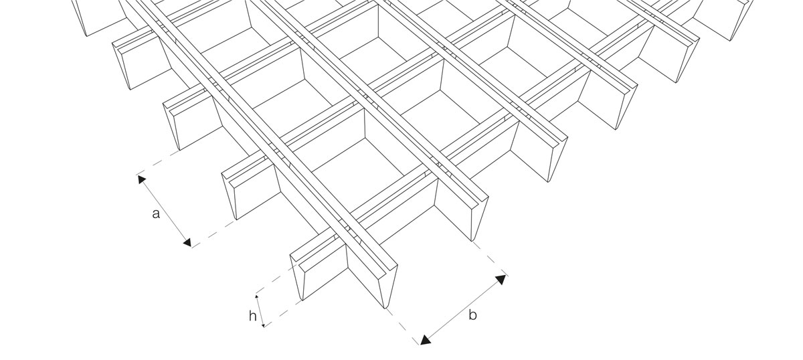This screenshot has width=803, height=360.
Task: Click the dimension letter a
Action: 155,214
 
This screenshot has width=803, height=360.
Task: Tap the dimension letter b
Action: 473,315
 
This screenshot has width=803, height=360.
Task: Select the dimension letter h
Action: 253,316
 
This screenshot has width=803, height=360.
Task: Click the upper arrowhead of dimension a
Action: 142,179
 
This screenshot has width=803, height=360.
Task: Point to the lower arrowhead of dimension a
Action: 187,242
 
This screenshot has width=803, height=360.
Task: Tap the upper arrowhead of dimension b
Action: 501,279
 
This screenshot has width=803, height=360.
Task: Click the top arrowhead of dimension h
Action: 256,297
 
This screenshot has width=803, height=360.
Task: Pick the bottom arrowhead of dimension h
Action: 264,325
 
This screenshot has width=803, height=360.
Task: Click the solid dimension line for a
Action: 165,211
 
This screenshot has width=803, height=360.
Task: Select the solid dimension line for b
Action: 463,310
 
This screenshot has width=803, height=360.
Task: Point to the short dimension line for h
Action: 260,311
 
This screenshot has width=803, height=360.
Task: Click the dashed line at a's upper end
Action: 158,163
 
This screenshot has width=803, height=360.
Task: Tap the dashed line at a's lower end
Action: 214,234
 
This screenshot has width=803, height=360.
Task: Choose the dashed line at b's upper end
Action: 490,259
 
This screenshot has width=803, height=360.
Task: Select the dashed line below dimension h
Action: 283,314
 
